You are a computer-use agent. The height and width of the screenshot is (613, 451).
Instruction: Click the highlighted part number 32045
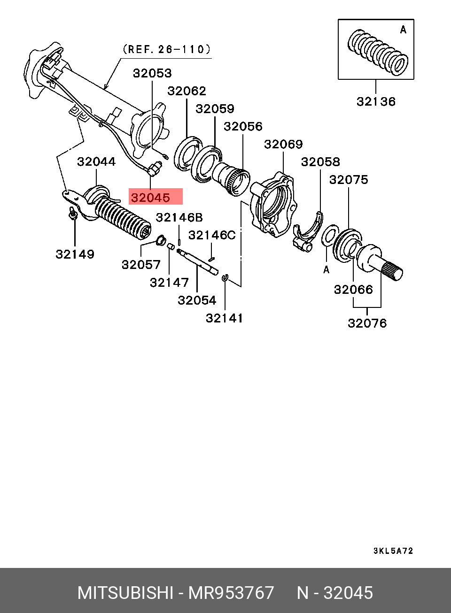pyautogui.click(x=151, y=197)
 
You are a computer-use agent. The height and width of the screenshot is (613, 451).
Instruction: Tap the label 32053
pyautogui.click(x=152, y=73)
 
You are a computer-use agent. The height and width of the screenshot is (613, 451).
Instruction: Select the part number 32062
pyautogui.click(x=187, y=91)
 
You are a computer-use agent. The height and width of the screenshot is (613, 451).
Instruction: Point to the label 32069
pyautogui.click(x=283, y=144)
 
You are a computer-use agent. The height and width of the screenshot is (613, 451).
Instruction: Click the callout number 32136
pyautogui.click(x=376, y=101)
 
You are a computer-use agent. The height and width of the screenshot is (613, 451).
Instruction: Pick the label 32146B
pyautogui.click(x=179, y=217)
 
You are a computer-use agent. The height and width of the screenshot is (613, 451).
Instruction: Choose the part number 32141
pyautogui.click(x=225, y=318)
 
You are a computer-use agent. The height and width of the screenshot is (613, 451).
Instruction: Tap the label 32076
pyautogui.click(x=367, y=323)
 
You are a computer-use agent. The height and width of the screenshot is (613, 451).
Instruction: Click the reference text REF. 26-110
pyautogui.click(x=166, y=49)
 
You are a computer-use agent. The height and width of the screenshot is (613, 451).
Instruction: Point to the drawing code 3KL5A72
pyautogui.click(x=393, y=551)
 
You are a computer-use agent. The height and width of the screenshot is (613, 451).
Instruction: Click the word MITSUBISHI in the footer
pyautogui.click(x=125, y=593)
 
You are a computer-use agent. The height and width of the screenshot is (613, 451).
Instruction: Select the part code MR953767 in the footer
pyautogui.click(x=231, y=593)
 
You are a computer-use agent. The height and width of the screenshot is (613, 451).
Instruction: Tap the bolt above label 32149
pyautogui.click(x=73, y=214)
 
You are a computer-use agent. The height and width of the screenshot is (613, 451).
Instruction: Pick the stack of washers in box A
pyautogui.click(x=378, y=53)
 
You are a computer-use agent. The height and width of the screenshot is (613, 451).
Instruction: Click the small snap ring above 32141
pyautogui.click(x=225, y=278)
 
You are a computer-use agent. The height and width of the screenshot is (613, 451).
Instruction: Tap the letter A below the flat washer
pyautogui.click(x=326, y=269)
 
